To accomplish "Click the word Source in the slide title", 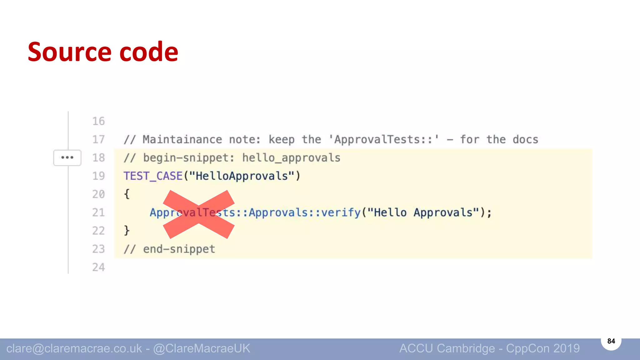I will [69, 52].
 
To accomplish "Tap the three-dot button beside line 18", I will [67, 157].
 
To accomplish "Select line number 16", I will [98, 121].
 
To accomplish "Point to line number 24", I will [98, 267].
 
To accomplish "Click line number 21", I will [98, 213].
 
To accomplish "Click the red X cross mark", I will [199, 215].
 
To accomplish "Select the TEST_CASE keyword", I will [153, 176].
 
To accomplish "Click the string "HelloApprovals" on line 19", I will [242, 176].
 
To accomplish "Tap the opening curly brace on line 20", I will [127, 194].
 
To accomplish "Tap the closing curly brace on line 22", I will [127, 231].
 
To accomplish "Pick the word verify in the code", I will [341, 213].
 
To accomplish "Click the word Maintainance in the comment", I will [182, 140].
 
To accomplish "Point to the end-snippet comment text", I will [179, 249].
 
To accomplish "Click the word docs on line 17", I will [525, 140].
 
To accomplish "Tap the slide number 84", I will [611, 341].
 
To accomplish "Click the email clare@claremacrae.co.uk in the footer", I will [74, 348].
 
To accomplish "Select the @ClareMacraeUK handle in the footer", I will [202, 348].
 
